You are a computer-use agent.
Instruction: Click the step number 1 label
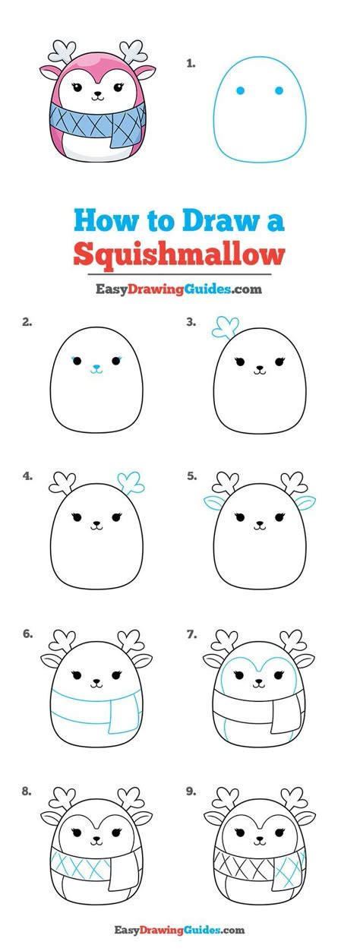click(191, 64)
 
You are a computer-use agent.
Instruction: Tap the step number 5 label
click(191, 477)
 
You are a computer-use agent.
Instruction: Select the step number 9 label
click(191, 791)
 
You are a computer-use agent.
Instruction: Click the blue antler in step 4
click(131, 481)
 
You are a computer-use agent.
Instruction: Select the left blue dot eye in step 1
click(240, 91)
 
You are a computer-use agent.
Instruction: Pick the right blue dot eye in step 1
click(279, 91)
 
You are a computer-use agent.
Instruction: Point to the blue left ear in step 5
click(215, 502)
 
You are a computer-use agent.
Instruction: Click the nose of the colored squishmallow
click(96, 96)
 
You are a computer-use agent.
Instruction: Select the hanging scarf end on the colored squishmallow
click(125, 131)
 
